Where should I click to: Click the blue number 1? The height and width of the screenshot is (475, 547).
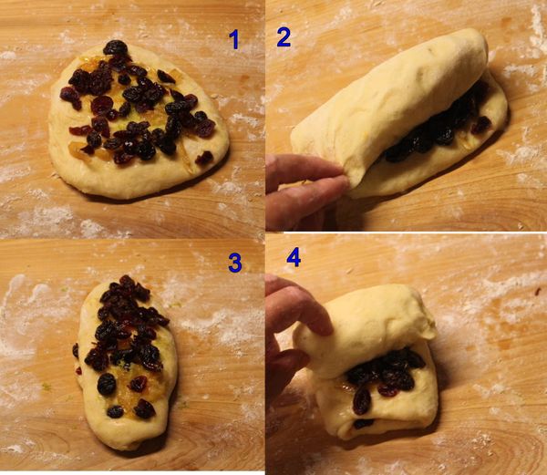[234, 39]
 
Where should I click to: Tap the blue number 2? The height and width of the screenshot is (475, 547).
[284, 37]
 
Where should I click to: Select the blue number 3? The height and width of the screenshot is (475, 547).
[235, 263]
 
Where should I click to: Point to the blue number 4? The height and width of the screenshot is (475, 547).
[294, 257]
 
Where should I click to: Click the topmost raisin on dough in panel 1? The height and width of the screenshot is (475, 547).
[116, 47]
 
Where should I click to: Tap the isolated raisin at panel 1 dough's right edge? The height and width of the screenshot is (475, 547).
[204, 158]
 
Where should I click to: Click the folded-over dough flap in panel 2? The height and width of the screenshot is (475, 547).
[387, 105]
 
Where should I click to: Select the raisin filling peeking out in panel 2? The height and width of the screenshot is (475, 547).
[436, 126]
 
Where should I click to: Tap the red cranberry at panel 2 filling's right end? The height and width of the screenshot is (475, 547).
[481, 125]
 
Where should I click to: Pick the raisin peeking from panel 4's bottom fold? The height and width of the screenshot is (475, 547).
[363, 424]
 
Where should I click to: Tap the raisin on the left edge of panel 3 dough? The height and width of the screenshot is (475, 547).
[76, 350]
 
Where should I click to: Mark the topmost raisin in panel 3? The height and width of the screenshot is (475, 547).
[128, 281]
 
